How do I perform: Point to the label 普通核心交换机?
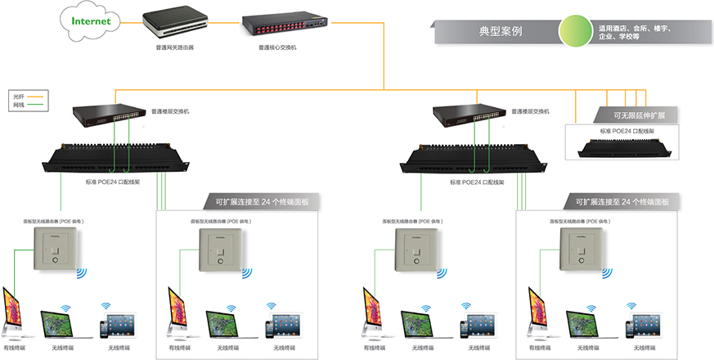277,47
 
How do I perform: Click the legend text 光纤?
19,97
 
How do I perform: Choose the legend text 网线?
19,105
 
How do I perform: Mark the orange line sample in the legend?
36,97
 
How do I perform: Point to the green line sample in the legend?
36,105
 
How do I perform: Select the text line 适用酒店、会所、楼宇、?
635,28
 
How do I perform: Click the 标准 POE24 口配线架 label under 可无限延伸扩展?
626,130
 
